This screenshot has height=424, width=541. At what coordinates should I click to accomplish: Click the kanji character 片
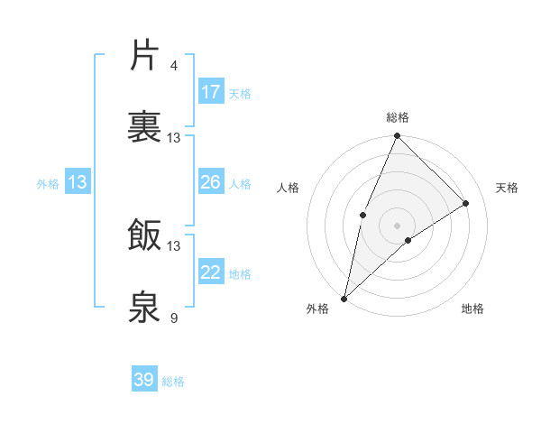[146, 56]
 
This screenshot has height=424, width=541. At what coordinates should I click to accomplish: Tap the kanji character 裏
[146, 127]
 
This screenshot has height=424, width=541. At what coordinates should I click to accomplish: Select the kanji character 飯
[146, 235]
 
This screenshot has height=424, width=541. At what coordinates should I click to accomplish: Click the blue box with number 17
[211, 92]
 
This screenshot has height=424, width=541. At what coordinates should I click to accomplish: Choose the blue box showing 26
[211, 182]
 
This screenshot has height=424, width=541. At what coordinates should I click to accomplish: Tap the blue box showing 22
[211, 272]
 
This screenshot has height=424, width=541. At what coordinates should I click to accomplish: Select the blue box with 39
[144, 380]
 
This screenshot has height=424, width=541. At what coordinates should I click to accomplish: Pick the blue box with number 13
[78, 182]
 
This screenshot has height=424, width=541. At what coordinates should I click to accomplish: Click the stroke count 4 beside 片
[174, 65]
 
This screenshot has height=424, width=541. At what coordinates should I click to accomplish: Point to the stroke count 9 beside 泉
[174, 318]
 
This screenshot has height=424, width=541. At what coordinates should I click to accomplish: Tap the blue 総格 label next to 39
[173, 382]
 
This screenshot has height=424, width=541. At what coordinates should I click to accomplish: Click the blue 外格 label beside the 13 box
[48, 184]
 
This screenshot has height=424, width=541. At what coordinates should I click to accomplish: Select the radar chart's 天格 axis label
[507, 188]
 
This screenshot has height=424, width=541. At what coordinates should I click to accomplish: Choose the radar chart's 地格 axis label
[472, 309]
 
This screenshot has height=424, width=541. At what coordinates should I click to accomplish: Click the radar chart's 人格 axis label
[288, 188]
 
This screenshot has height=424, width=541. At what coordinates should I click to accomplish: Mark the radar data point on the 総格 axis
[397, 136]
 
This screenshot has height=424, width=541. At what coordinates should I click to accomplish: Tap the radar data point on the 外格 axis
[344, 298]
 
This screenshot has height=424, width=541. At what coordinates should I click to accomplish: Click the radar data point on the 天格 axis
[466, 203]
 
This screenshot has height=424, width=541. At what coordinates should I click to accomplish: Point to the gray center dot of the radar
[397, 225]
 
